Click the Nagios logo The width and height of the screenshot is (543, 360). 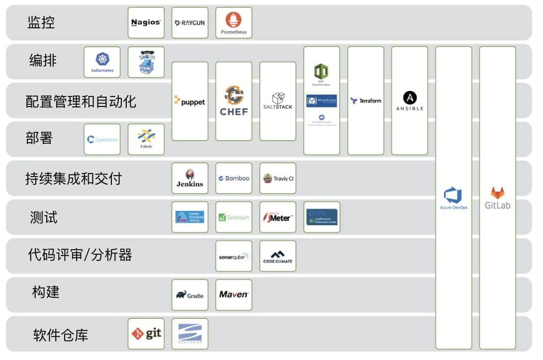(x=146, y=22)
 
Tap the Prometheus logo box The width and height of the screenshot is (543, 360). (x=234, y=22)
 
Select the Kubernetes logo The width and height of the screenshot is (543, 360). (x=102, y=62)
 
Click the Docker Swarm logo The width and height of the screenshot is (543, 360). (x=146, y=62)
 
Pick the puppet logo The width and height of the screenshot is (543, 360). (x=189, y=101)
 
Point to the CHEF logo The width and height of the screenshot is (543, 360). (x=234, y=101)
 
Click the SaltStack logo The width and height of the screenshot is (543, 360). (x=277, y=101)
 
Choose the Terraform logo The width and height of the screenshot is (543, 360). (x=365, y=100)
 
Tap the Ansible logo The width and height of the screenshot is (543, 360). (x=409, y=100)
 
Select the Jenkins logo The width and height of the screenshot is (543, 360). (x=189, y=178)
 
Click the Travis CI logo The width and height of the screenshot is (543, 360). (x=277, y=178)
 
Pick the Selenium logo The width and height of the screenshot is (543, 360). (x=234, y=217)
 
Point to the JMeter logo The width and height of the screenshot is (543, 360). (x=277, y=217)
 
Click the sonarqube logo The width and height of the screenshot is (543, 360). (x=234, y=256)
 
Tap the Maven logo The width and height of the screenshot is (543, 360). (x=234, y=294)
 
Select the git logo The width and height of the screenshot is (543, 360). (x=146, y=333)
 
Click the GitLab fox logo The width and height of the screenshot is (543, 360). (x=497, y=193)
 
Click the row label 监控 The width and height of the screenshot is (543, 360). (x=41, y=22)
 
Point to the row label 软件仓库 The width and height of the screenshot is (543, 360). (x=61, y=335)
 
